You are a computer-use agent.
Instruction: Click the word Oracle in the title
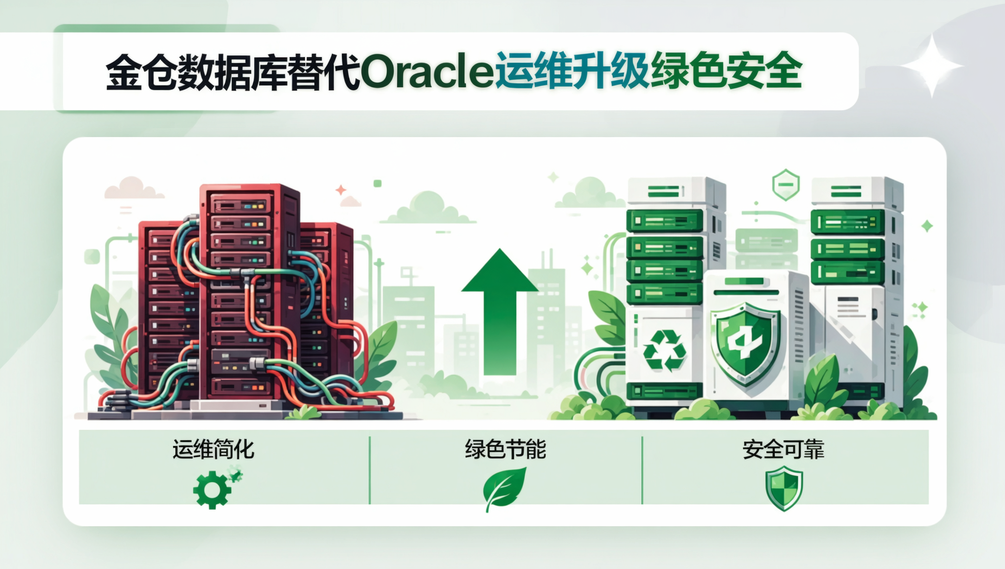[427, 72]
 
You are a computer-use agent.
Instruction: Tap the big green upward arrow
[500, 311]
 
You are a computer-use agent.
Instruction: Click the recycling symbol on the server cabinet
[664, 351]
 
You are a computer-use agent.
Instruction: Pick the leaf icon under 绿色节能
[504, 489]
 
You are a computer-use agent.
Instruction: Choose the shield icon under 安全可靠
[784, 488]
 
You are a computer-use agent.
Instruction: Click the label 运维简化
[213, 449]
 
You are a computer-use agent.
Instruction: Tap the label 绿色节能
[505, 449]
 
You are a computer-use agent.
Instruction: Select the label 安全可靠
[783, 449]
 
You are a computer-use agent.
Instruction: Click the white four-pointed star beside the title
[932, 66]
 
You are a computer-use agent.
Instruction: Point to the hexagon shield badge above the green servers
[786, 184]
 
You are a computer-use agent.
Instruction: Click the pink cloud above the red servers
[133, 188]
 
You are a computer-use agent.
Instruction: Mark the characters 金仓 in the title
[141, 72]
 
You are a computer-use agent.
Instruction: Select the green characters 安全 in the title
[764, 71]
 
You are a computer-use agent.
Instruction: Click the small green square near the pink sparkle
[378, 183]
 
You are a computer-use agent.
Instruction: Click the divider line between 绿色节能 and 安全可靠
[642, 470]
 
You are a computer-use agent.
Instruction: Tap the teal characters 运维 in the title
[533, 71]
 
